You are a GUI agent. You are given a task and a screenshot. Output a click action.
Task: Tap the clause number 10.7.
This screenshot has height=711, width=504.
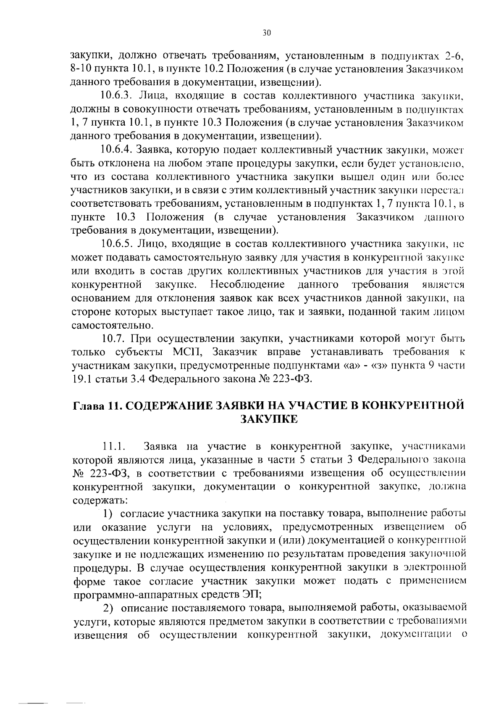pyautogui.click(x=113, y=338)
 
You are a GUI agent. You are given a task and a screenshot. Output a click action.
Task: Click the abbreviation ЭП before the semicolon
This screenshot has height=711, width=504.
pyautogui.click(x=251, y=595)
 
